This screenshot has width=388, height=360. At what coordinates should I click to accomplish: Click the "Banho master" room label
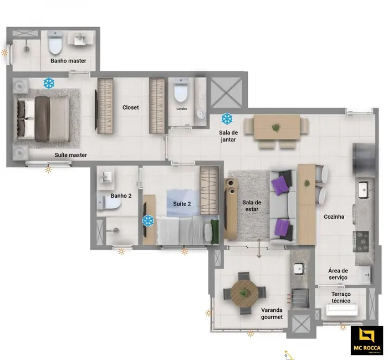point(68,61)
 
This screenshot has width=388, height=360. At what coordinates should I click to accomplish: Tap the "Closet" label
point(131,107)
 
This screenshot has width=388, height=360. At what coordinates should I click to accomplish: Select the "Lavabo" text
point(182,109)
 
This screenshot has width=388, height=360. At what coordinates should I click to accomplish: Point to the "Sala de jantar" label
point(228,136)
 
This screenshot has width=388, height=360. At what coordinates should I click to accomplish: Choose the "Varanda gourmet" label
point(272,313)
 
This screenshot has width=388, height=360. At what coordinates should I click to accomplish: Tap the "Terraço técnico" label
point(341,297)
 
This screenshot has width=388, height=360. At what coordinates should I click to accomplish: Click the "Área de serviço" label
point(337,273)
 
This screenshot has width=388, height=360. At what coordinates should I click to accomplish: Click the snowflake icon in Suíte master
point(49,84)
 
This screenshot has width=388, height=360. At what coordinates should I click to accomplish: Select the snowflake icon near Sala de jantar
point(227,118)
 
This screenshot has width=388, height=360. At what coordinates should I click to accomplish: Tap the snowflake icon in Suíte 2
point(147,221)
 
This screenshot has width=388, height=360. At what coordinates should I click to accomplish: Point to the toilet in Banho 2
point(110,204)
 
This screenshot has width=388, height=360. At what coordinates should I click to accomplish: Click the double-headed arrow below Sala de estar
point(259,249)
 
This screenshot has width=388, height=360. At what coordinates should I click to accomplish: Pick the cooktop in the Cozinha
point(361,239)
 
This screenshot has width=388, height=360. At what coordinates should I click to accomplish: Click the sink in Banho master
point(81,39)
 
